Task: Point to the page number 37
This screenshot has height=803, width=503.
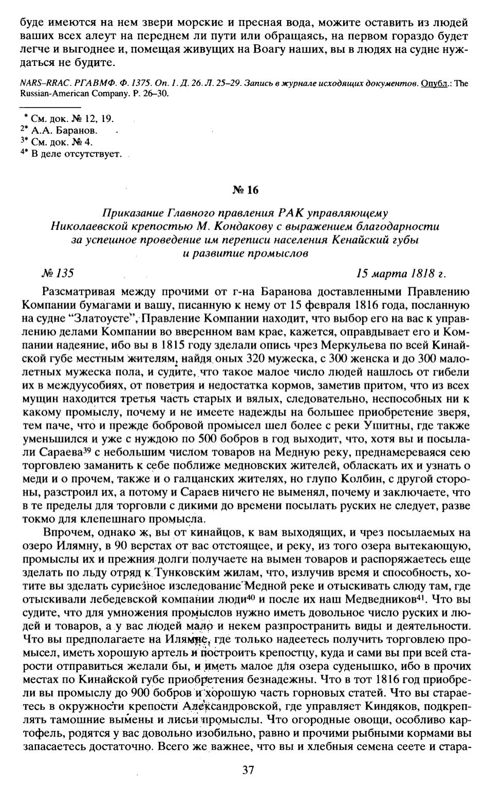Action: point(248,770)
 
